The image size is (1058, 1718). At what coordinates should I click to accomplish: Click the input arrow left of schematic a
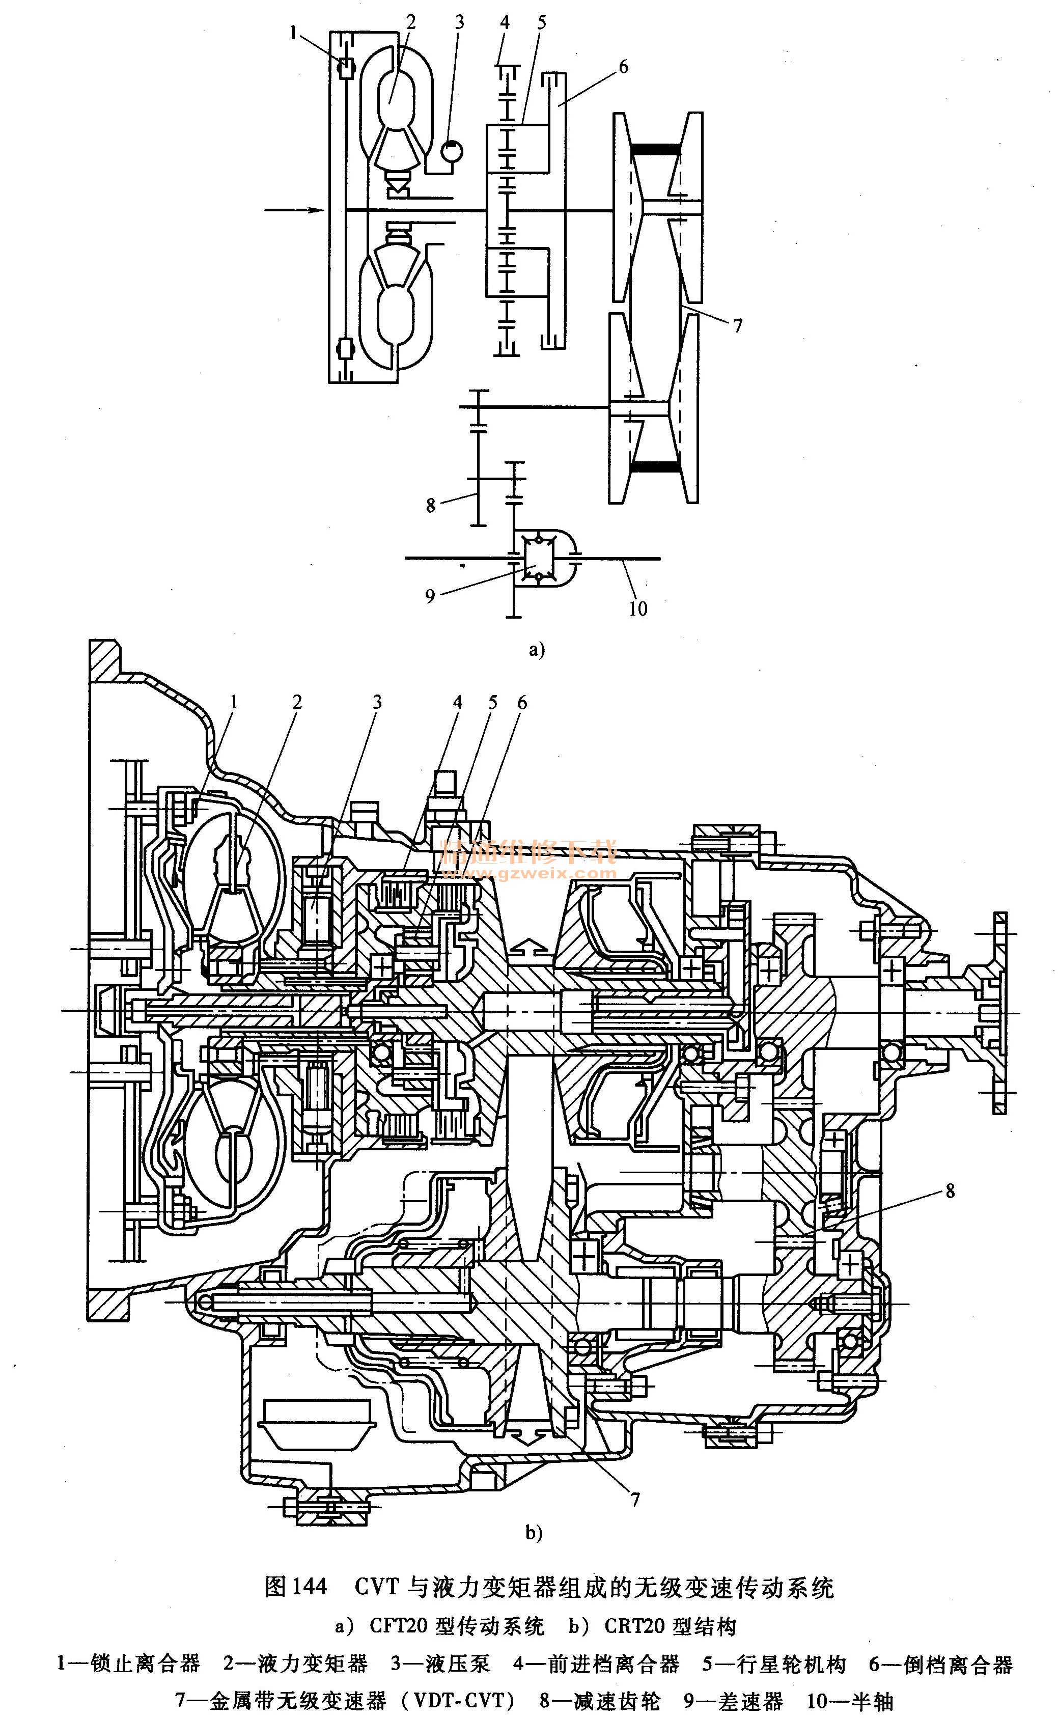293,209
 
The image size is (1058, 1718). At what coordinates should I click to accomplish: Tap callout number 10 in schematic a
637,609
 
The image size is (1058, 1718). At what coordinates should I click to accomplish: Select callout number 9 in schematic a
430,596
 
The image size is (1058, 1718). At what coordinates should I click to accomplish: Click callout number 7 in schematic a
738,325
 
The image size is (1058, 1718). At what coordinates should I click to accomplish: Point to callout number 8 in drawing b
950,1190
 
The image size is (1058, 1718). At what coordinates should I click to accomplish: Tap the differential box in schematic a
535,559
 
